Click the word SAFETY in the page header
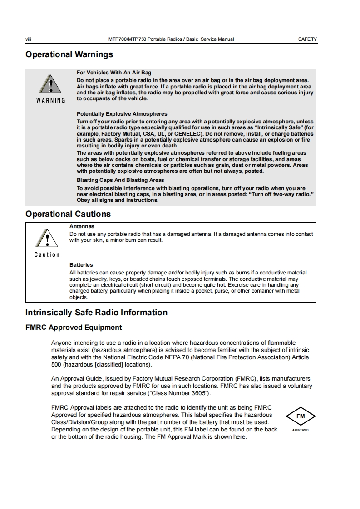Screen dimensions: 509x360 [x=307, y=39]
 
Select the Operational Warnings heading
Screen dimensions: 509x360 [x=69, y=54]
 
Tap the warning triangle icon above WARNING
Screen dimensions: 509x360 [x=51, y=85]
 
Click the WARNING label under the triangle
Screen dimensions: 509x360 [x=51, y=100]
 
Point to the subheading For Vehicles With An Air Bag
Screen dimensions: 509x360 [x=114, y=73]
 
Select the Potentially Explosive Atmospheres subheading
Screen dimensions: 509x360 [x=122, y=114]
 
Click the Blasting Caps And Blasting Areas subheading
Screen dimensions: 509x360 [x=120, y=180]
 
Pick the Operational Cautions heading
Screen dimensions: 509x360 [x=68, y=214]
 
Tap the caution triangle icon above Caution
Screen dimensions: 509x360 [x=47, y=239]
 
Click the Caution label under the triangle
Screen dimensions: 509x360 [x=47, y=255]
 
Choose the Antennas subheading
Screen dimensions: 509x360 [x=82, y=226]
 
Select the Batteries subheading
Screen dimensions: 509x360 [x=81, y=265]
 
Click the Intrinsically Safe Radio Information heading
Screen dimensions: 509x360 [x=96, y=313]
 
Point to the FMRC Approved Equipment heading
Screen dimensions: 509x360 [x=74, y=328]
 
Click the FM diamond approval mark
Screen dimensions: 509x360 [x=300, y=416]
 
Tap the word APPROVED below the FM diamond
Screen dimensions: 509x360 [x=300, y=430]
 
